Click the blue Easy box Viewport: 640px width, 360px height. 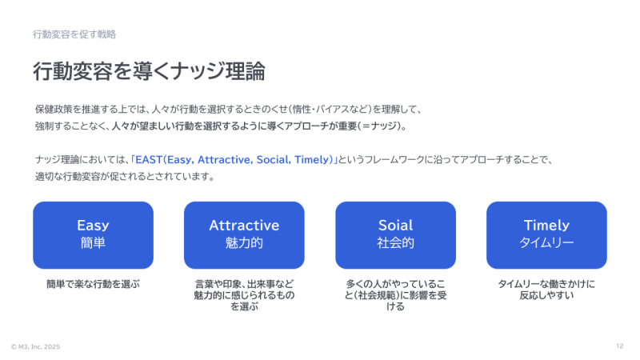(93, 235)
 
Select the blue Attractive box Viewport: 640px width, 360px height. (244, 235)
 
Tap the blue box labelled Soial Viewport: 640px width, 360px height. (395, 235)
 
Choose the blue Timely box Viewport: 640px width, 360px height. (546, 235)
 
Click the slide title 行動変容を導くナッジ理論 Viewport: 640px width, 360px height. (149, 71)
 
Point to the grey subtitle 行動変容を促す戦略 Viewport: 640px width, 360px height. (74, 34)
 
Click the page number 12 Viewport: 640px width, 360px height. (619, 346)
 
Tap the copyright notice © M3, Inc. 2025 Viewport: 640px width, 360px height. (35, 346)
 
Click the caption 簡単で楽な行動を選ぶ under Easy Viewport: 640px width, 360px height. (93, 284)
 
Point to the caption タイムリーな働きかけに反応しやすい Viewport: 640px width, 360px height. (546, 290)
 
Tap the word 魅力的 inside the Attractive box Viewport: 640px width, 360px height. (244, 243)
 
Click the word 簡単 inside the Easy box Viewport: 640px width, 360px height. (93, 243)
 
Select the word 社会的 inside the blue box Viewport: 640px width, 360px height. (395, 243)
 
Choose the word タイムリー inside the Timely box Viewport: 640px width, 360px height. (546, 243)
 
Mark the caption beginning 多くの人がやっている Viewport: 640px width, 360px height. (395, 295)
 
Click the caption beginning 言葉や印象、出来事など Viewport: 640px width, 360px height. (244, 295)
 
